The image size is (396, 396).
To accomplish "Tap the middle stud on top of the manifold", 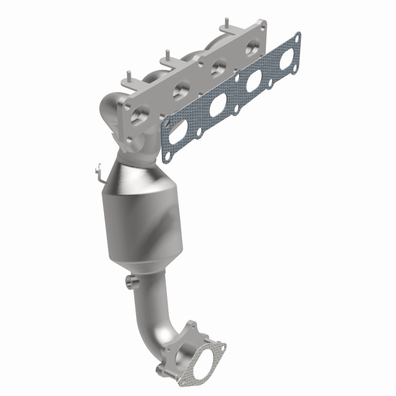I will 168,53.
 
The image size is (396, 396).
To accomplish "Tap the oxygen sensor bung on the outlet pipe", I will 131,282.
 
